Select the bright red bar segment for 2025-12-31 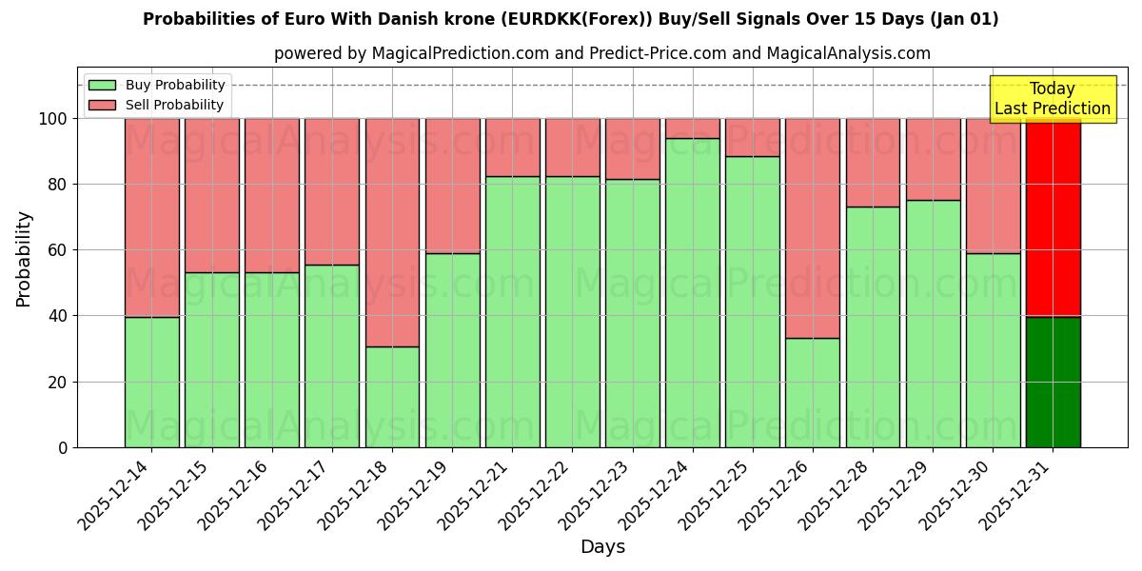coord(1053,218)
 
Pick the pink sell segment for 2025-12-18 coord(392,232)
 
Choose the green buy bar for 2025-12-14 coord(152,382)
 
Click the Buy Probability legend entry coord(175,85)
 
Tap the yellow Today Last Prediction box coord(1052,99)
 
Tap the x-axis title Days coord(602,547)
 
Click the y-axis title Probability coord(24,259)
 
